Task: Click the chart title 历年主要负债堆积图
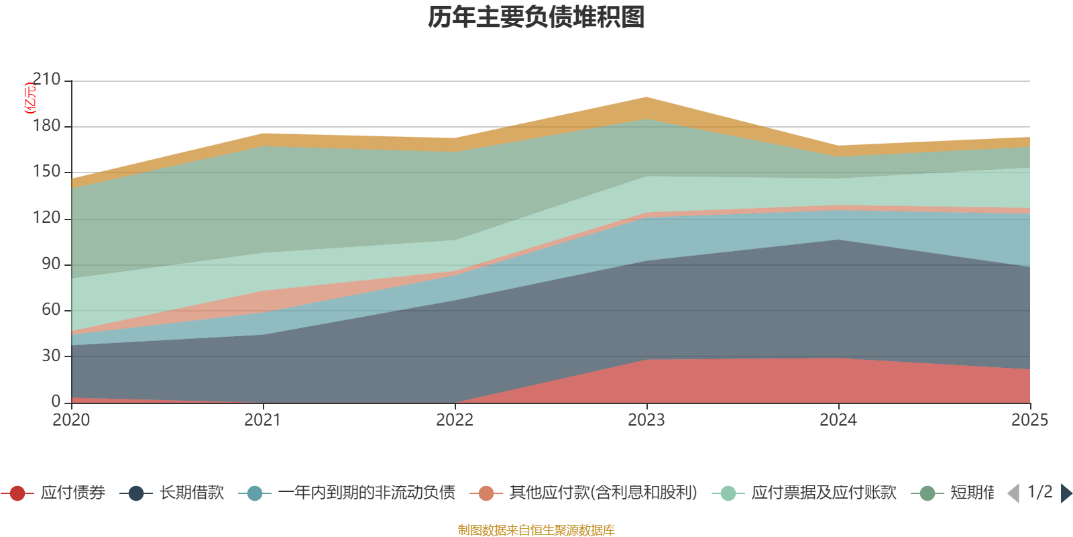(x=536, y=18)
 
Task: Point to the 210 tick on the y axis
(x=46, y=80)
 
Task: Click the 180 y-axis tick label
(x=46, y=126)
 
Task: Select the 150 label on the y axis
(x=46, y=172)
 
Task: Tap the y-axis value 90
(x=51, y=264)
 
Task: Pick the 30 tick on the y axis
(x=51, y=356)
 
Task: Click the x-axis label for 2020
(x=71, y=420)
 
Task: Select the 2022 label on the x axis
(x=455, y=420)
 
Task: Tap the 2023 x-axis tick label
(x=646, y=420)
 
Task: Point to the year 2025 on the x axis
(x=1029, y=420)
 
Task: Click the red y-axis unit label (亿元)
(x=30, y=98)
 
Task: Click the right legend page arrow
(x=1066, y=493)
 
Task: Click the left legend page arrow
(x=1013, y=493)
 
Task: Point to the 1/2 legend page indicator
(x=1039, y=492)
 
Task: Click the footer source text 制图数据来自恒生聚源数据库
(x=536, y=530)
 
